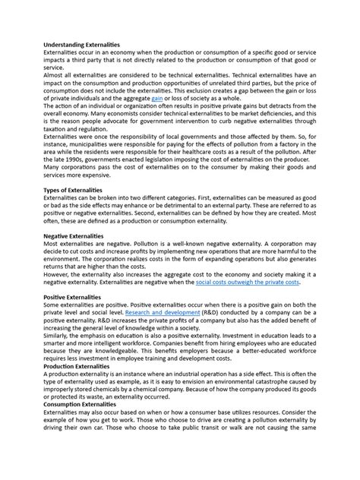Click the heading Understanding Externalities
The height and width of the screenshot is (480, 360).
coord(82,46)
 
